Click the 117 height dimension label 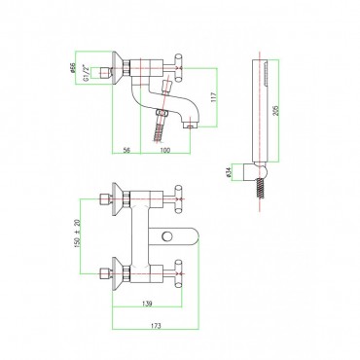click(x=213, y=97)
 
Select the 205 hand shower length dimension click(x=276, y=110)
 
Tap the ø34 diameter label click(x=229, y=172)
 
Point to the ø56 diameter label click(x=73, y=68)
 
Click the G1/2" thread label click(x=86, y=73)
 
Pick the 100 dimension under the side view click(x=165, y=150)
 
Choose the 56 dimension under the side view click(x=126, y=150)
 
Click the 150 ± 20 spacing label click(x=77, y=234)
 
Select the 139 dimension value click(x=147, y=304)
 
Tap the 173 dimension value click(x=156, y=326)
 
